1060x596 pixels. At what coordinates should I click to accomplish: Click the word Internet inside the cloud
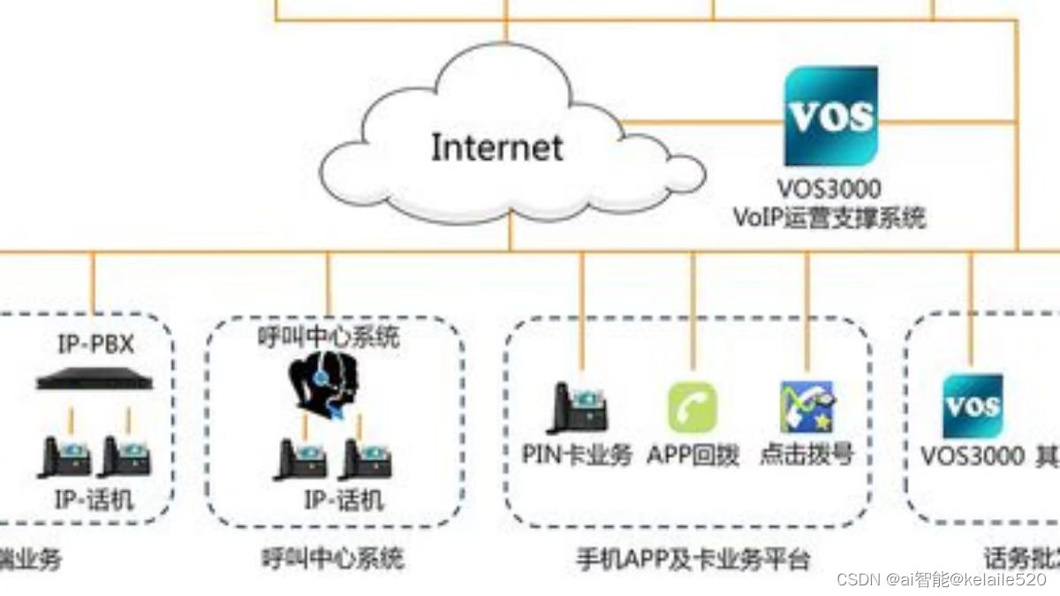(x=496, y=146)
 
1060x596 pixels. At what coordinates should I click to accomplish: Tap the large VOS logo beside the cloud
(x=831, y=116)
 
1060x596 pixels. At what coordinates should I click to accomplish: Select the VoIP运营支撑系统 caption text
(x=829, y=217)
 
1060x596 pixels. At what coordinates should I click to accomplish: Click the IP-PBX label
(x=95, y=344)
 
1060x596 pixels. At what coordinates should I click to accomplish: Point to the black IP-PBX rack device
(x=95, y=382)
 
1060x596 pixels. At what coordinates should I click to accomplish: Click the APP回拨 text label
(x=693, y=456)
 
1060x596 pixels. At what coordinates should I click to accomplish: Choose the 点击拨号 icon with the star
(x=806, y=407)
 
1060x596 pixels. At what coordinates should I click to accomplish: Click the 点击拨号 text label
(x=806, y=456)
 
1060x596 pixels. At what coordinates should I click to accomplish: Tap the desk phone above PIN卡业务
(x=579, y=408)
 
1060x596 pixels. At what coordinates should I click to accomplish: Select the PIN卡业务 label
(x=578, y=456)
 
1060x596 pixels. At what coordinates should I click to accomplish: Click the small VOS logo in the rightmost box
(x=973, y=406)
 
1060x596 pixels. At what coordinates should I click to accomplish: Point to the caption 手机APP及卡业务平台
(x=693, y=559)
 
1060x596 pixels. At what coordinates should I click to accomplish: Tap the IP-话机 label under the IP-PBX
(x=95, y=501)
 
